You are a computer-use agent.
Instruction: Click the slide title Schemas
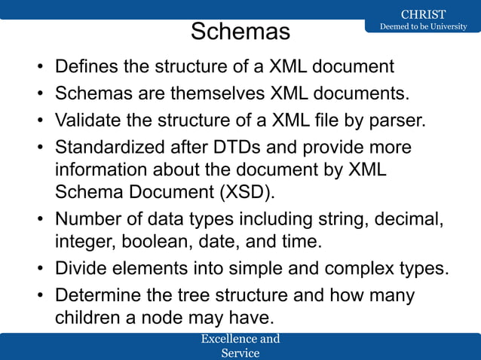(240, 32)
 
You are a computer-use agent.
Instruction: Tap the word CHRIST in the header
(422, 14)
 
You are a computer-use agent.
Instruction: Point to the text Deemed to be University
(422, 27)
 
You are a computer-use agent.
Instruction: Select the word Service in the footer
(240, 352)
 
